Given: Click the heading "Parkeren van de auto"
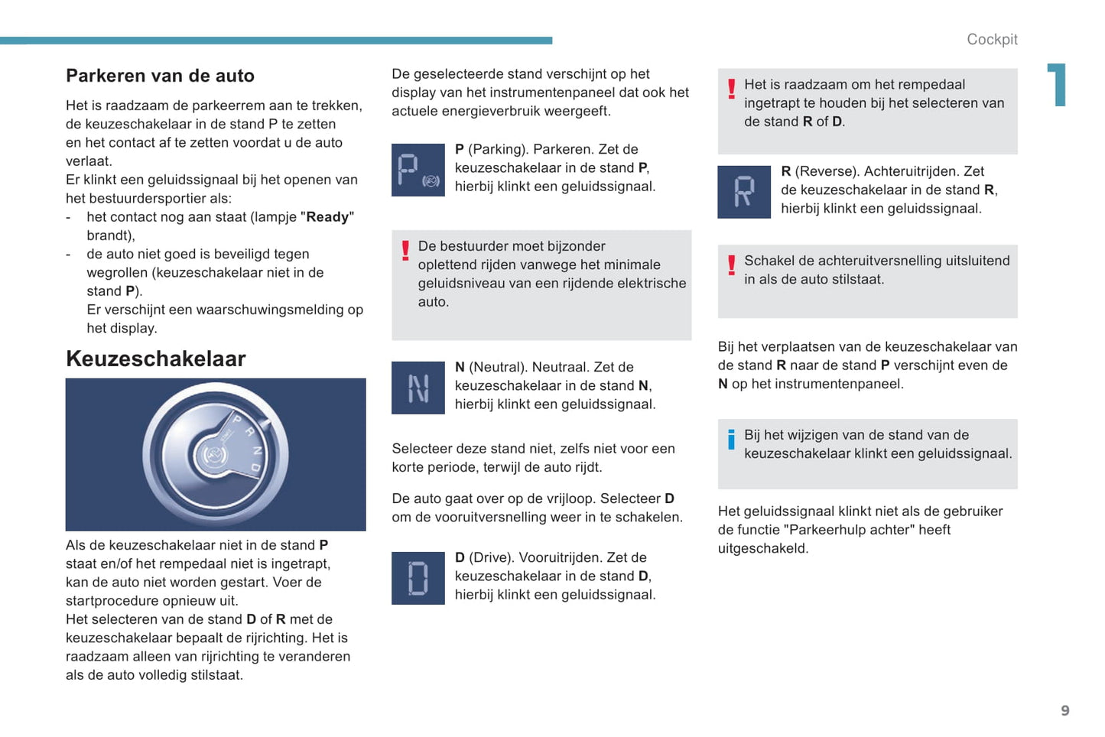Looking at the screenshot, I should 160,76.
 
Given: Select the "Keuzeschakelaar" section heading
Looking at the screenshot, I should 156,359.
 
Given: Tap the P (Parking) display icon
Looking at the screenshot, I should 418,170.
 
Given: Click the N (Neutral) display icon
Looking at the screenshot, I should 418,388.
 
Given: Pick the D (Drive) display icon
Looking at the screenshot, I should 418,578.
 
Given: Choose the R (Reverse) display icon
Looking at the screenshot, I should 743,192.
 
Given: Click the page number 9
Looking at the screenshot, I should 1064,711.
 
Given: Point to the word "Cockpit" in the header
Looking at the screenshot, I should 992,40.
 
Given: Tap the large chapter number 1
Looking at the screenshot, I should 1057,84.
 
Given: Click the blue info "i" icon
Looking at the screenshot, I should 731,440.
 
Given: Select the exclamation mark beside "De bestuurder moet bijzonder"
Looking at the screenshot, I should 405,251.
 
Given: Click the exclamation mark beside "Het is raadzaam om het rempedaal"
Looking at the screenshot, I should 731,89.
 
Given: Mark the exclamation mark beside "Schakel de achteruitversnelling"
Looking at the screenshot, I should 731,265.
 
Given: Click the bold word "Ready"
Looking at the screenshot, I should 327,217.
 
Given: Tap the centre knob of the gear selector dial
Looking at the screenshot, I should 213,456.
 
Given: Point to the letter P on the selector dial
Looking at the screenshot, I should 237,419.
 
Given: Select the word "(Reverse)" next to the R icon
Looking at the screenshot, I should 827,171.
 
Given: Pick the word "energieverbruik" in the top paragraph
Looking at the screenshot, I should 510,111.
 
